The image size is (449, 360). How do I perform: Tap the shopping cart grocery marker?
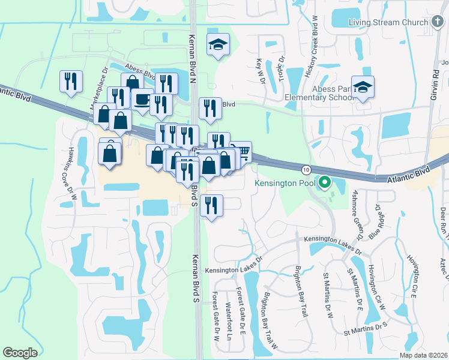(x=242, y=150)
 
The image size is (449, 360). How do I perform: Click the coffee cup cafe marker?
(x=142, y=99)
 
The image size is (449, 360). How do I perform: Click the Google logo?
(x=20, y=353)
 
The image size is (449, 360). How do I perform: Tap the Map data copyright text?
(x=423, y=355)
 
